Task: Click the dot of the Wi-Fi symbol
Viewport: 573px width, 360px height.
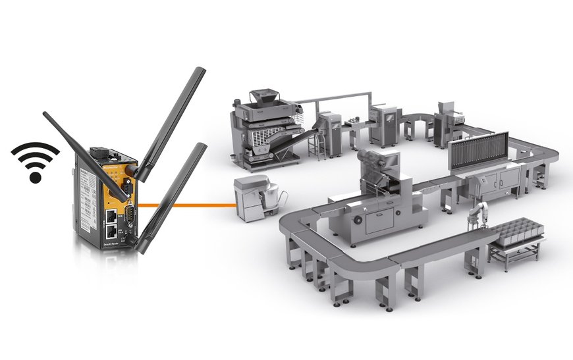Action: pos(36,177)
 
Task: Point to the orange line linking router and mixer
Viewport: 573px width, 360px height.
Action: pos(191,205)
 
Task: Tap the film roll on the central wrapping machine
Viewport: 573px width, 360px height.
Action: pos(372,161)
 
